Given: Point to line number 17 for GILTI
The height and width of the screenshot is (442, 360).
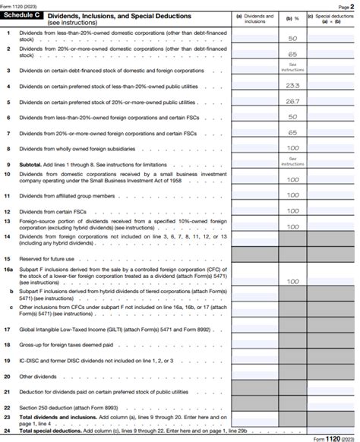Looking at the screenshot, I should click(7, 330).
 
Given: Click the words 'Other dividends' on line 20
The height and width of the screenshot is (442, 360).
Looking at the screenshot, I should click(37, 376).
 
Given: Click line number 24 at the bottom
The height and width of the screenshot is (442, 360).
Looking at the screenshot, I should click(7, 431).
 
